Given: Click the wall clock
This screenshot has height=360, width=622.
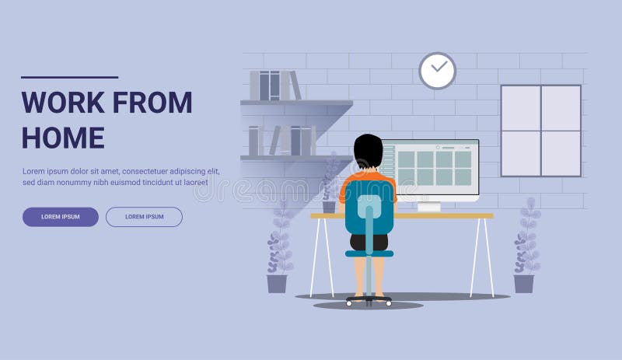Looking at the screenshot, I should point(438,71).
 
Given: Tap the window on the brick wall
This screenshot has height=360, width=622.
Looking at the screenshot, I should point(540,131).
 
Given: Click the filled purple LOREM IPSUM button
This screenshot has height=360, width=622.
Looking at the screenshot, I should point(61,217).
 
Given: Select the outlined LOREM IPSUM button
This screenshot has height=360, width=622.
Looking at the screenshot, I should point(144,217).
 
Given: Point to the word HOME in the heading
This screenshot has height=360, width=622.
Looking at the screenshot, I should point(62,138).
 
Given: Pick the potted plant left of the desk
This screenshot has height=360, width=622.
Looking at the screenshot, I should point(278,249).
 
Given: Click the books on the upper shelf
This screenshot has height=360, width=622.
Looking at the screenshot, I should point(274,85).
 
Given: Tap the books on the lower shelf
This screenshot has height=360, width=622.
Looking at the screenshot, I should point(280,141).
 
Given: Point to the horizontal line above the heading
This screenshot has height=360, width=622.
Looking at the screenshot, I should point(69,77).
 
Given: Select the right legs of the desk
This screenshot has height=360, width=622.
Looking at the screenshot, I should point(482,257).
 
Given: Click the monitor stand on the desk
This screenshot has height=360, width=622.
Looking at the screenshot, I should point(429,206).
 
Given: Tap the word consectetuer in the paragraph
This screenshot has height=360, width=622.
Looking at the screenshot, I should point(152,171).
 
